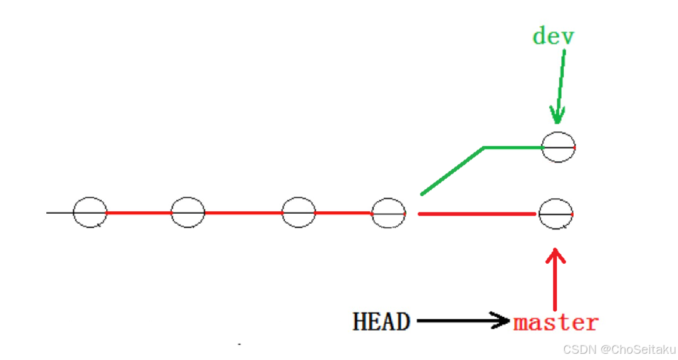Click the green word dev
[x=553, y=36]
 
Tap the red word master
[x=556, y=322]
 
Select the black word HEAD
[x=381, y=322]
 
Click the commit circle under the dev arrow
[x=558, y=147]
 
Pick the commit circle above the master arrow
[x=556, y=214]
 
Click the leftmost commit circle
[x=90, y=212]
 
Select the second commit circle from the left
[x=188, y=212]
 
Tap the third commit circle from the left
[x=298, y=212]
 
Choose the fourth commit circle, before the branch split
[x=388, y=214]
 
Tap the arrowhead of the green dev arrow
[x=557, y=116]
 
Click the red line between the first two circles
[x=139, y=212]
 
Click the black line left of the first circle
[x=60, y=212]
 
